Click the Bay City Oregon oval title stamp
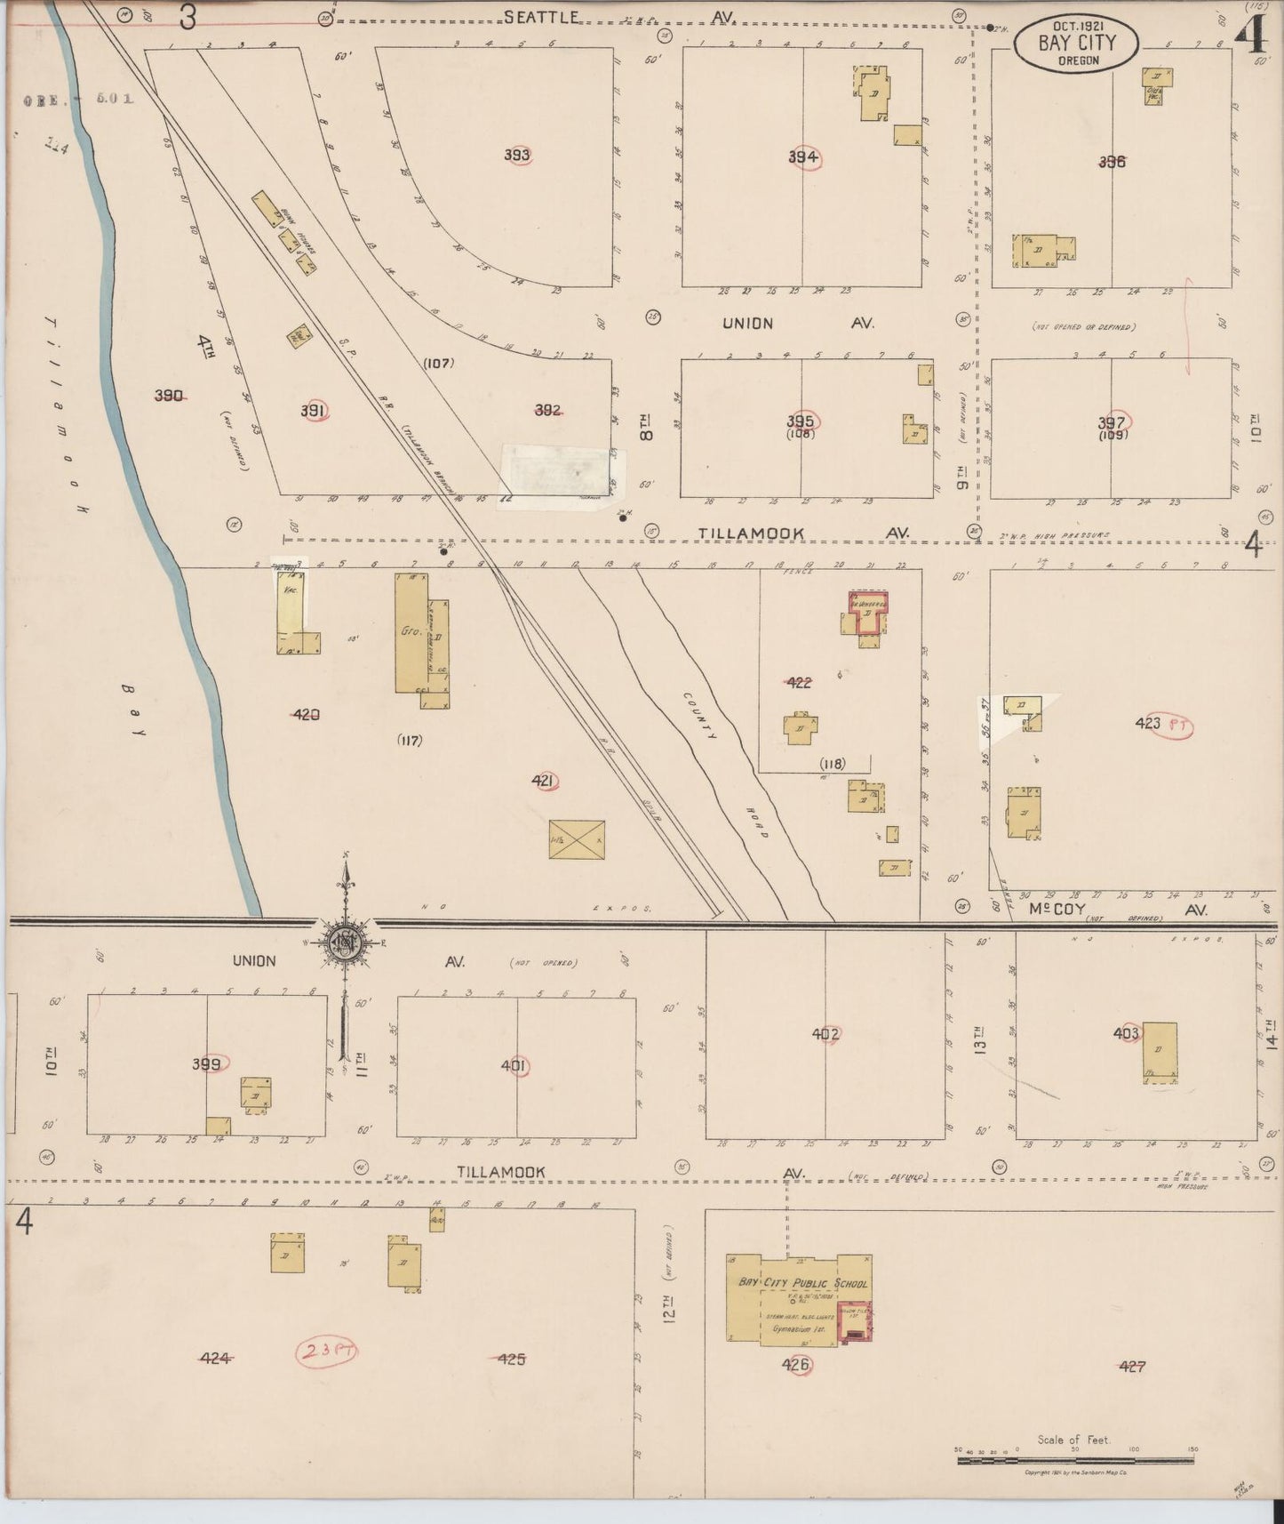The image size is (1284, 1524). (1076, 44)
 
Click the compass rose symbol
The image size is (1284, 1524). (345, 941)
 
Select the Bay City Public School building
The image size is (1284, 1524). (797, 1298)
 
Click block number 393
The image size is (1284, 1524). (517, 155)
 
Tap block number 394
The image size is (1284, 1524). (802, 157)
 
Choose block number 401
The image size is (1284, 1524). (514, 1065)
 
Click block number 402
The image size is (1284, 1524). (825, 1033)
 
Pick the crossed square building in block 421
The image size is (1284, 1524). (577, 838)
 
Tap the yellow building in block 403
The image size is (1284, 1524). (1160, 1052)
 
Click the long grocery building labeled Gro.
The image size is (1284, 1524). (411, 632)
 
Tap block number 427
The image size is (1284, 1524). (1132, 1366)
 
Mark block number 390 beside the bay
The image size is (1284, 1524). (169, 396)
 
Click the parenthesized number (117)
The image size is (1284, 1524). (410, 740)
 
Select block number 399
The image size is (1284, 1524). (207, 1063)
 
